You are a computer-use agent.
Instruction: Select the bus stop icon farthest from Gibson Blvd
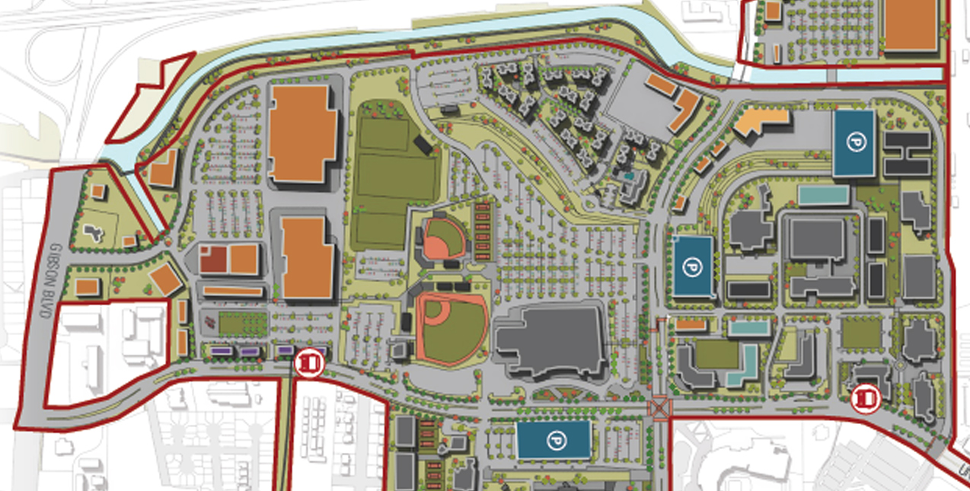coord(864,397)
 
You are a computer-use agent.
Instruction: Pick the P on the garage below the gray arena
coord(554,440)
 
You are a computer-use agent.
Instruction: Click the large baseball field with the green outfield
coord(451,327)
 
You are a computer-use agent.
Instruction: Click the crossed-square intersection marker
coord(659,408)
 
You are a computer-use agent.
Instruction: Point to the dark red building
coord(213,260)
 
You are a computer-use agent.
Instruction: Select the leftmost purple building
coord(220,351)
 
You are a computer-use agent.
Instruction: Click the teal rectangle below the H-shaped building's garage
coord(823,195)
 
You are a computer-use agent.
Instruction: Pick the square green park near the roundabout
coord(860,333)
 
